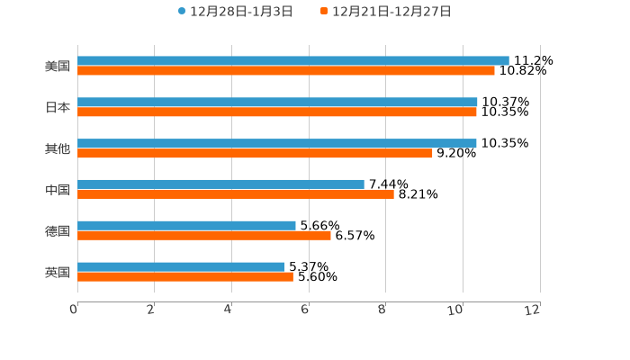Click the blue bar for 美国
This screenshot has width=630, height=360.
click(x=293, y=60)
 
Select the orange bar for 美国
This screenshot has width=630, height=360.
click(x=286, y=70)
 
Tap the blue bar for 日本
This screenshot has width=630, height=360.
click(x=277, y=102)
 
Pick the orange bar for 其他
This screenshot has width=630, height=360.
click(x=255, y=153)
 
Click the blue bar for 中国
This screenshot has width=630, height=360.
click(x=220, y=184)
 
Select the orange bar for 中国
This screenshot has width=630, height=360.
click(x=236, y=193)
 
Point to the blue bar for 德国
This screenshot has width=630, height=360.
click(x=186, y=225)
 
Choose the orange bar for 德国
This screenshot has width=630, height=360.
click(x=204, y=235)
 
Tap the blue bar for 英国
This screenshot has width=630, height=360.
click(x=181, y=266)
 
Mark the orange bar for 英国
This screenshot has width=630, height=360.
click(x=185, y=276)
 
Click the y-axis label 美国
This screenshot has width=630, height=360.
click(x=58, y=66)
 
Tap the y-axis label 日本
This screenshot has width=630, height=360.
click(x=58, y=107)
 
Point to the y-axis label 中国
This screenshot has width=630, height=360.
click(x=58, y=189)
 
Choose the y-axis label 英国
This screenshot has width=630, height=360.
click(x=58, y=272)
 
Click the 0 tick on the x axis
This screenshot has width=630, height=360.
click(x=75, y=310)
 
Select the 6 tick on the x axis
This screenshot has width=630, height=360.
click(x=305, y=310)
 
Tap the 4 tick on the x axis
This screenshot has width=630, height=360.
click(x=229, y=310)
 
